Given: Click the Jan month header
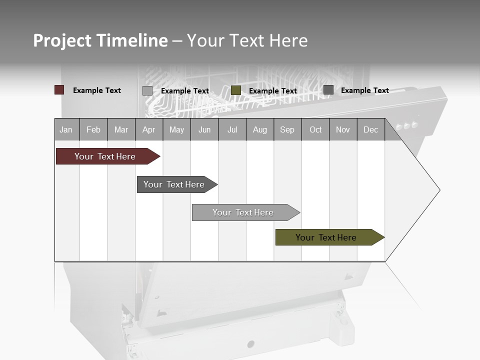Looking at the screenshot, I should tap(66, 129).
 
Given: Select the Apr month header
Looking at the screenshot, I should tap(149, 129).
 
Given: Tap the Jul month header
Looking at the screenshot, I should tap(232, 129).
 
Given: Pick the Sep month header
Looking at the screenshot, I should tap(287, 129).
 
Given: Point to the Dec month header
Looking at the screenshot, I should tap(370, 129).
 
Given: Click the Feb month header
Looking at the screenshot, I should tap(93, 129).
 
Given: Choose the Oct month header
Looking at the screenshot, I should tap(315, 129).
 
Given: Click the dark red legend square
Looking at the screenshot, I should tap(59, 90).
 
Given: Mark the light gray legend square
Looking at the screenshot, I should tap(147, 90).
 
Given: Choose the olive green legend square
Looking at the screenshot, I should tap(236, 90).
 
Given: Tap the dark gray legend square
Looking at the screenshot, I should tap(328, 90).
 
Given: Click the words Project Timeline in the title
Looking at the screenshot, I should tap(100, 40).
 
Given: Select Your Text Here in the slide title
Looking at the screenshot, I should tap(247, 40).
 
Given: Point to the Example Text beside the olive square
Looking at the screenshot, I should tap(273, 91).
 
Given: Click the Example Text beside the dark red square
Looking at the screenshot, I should tap(97, 90).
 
